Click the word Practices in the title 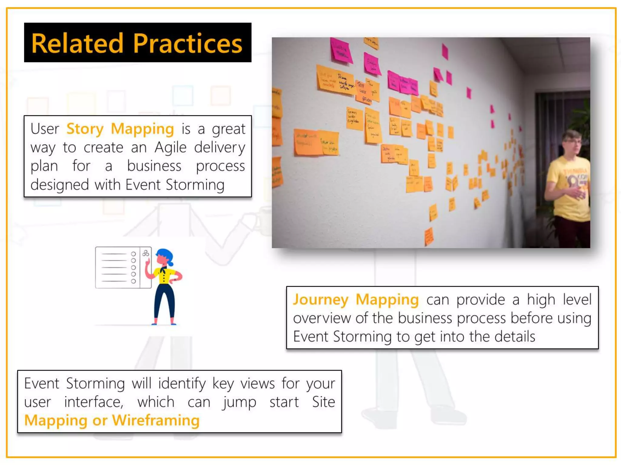(x=188, y=43)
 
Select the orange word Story (x=85, y=129)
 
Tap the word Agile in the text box (x=170, y=148)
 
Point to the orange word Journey (x=321, y=300)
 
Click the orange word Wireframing (x=156, y=420)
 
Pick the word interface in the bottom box (x=94, y=402)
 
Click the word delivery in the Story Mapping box (x=220, y=148)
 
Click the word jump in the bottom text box (x=239, y=402)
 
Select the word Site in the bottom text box (x=323, y=402)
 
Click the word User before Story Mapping (x=45, y=129)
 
